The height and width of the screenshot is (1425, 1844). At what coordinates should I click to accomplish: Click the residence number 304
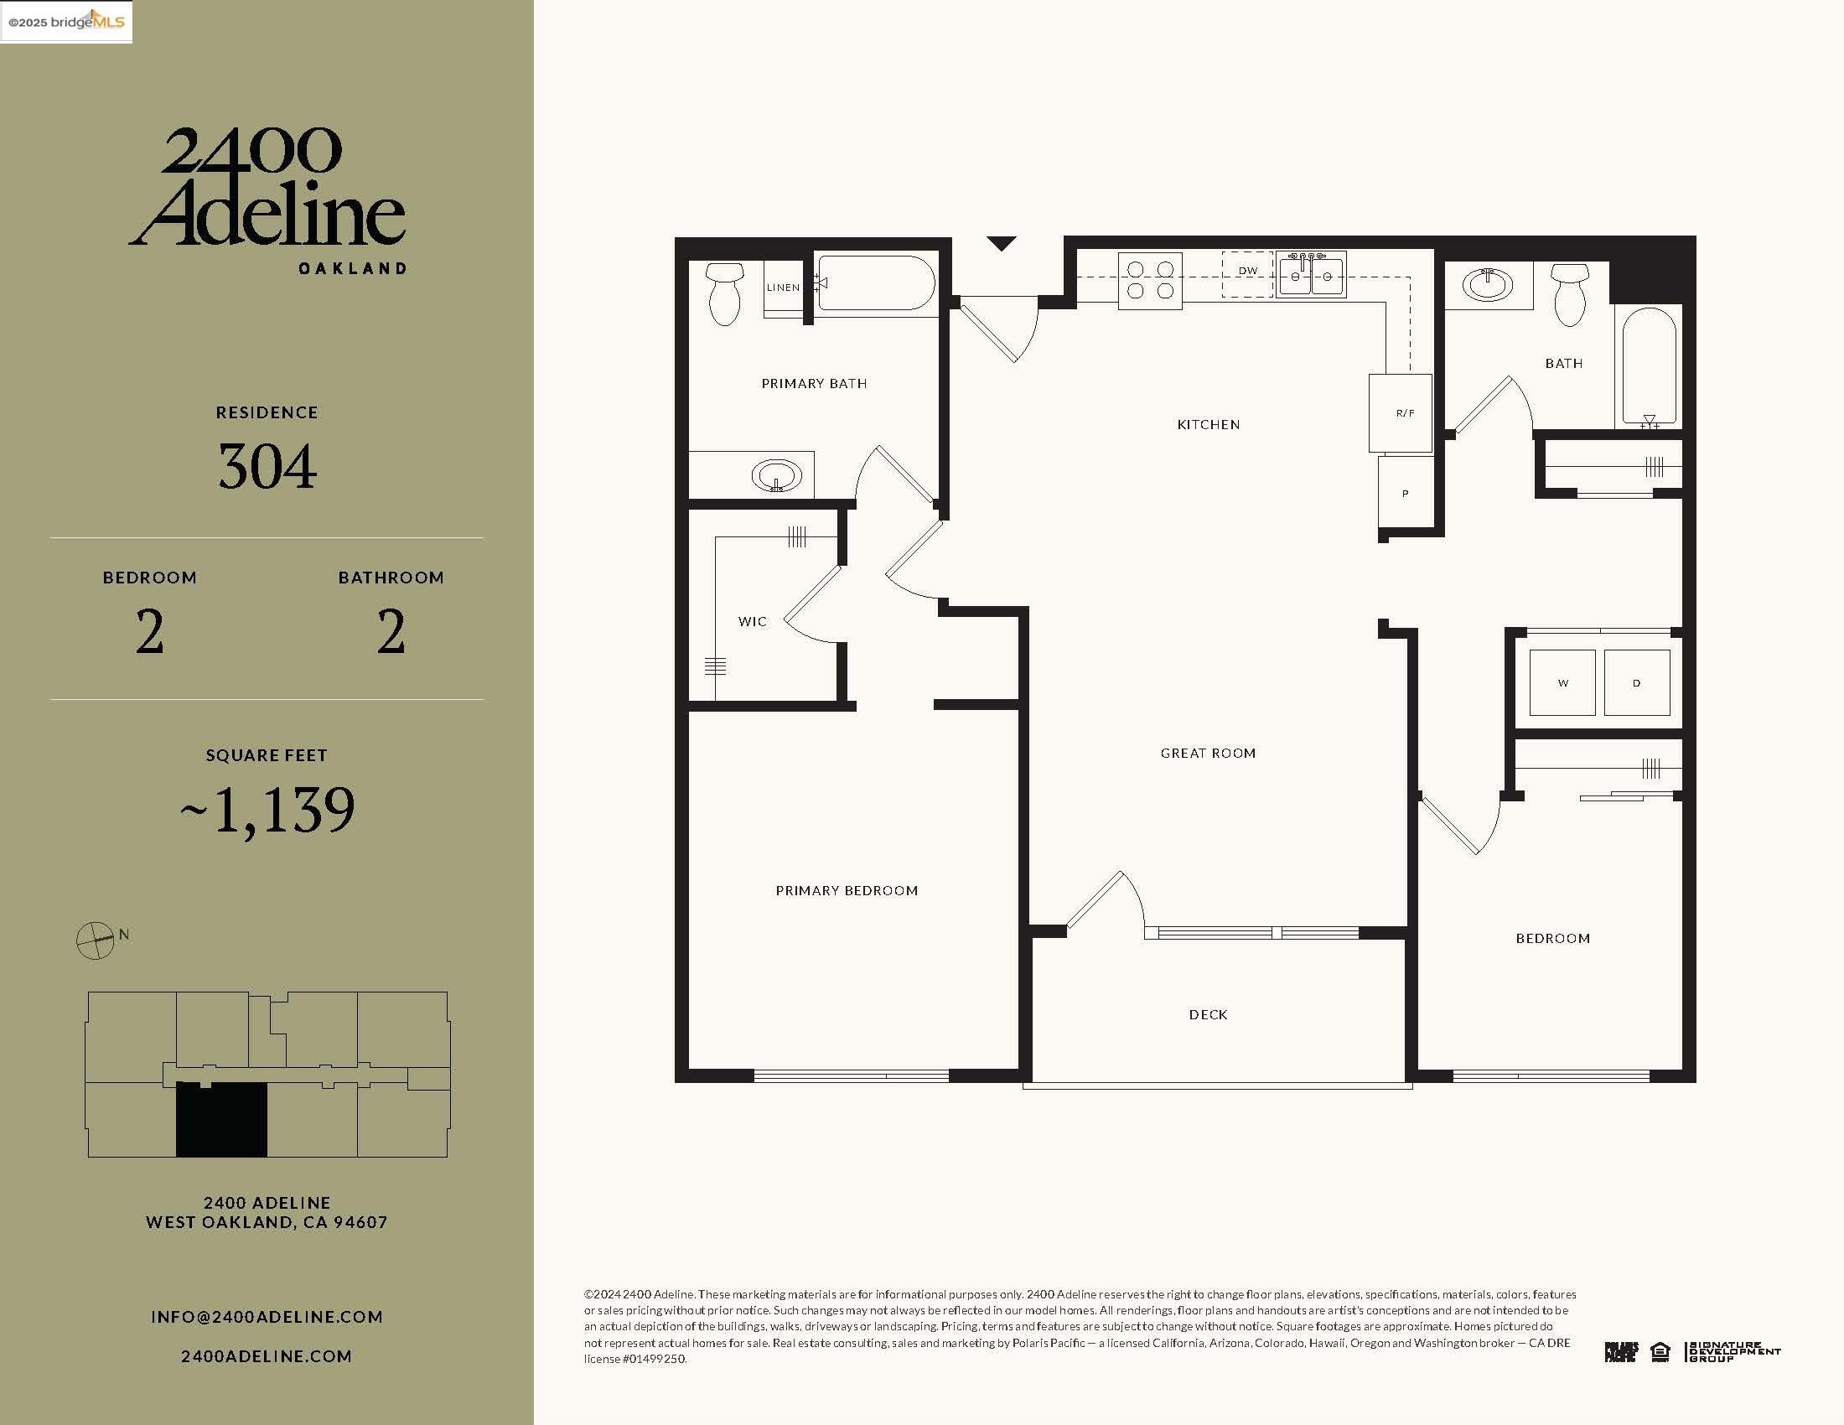coord(267,466)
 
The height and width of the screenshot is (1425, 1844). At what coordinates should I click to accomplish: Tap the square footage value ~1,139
coord(267,811)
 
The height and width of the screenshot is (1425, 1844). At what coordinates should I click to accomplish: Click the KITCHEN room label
coord(1208,425)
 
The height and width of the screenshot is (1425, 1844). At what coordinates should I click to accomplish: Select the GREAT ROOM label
coord(1207,753)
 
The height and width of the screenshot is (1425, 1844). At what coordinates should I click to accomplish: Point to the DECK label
coord(1207,1015)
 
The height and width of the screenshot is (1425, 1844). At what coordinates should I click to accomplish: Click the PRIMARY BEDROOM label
coord(846,890)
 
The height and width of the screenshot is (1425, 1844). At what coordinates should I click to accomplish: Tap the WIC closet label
coord(752,621)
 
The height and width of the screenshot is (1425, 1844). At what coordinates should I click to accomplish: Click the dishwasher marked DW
coord(1247,272)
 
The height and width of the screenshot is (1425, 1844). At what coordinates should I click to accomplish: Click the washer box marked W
coord(1562,683)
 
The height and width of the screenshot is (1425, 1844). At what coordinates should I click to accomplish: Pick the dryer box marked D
coord(1636,683)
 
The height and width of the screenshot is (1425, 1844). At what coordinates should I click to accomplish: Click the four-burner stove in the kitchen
coord(1150,280)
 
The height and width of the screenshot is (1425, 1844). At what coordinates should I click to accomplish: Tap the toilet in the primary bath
coord(725,293)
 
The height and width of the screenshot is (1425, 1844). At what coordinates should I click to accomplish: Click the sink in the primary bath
coord(776,476)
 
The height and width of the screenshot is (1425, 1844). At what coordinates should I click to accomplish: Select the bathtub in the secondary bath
coord(1649,366)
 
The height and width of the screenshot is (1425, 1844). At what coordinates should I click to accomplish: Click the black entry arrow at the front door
coord(1002,243)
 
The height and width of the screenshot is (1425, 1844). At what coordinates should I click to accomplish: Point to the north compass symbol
coord(96,940)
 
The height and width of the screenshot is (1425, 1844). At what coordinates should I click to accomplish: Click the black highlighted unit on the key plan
coord(222,1120)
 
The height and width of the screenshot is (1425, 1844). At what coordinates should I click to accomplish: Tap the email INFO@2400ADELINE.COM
coord(267,1317)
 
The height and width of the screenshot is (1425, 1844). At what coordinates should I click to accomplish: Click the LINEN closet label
coord(783,288)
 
